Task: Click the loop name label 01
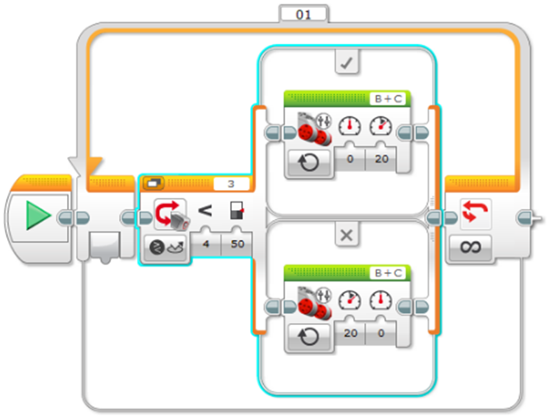coord(303,14)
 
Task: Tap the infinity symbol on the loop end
coord(471,247)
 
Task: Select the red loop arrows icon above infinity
coord(475,211)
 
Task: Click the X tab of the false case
coord(347,235)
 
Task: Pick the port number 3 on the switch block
coord(231,183)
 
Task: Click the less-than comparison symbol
coord(205,211)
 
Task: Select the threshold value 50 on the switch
coord(238,244)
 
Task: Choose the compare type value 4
coord(206,244)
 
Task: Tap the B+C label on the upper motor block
coord(388,99)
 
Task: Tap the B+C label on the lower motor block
coord(388,273)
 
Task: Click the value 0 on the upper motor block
coord(350,159)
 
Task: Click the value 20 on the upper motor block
coord(381,159)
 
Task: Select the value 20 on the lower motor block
coord(350,333)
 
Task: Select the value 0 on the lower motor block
coord(381,333)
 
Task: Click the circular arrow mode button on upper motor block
coord(309,163)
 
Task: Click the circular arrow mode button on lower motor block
coord(309,337)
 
